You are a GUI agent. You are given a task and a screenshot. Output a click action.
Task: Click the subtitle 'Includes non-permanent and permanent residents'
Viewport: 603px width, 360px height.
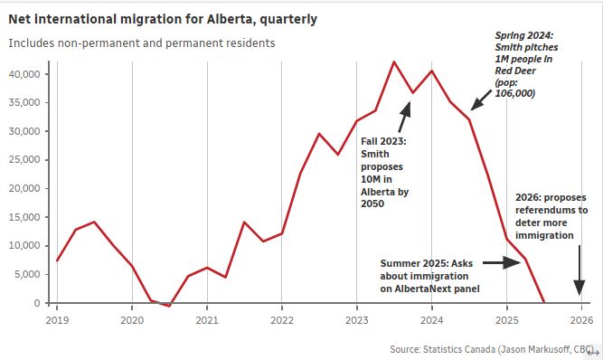click(x=143, y=43)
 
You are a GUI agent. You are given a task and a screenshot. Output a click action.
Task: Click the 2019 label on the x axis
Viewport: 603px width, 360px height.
click(x=57, y=319)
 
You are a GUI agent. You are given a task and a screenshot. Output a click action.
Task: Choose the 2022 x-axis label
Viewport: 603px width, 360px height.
click(x=282, y=319)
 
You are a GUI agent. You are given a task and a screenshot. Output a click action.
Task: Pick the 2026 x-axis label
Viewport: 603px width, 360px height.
click(x=581, y=319)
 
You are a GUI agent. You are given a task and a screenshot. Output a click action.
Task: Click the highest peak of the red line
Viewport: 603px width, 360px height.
click(x=393, y=62)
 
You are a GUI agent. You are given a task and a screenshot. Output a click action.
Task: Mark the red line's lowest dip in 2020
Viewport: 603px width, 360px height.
click(x=169, y=306)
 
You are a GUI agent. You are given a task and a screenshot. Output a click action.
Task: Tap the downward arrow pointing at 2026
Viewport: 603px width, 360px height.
click(x=579, y=271)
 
